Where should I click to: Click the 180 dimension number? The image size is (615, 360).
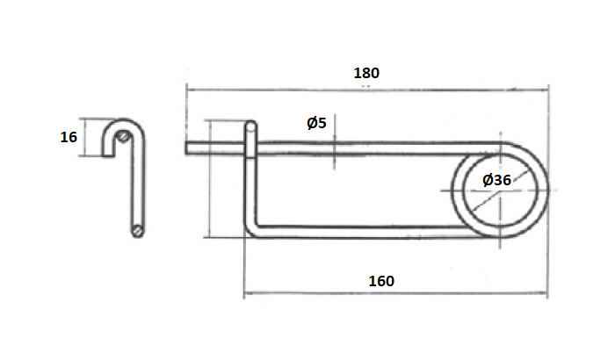(x=366, y=73)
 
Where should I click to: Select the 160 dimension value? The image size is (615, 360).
(x=380, y=281)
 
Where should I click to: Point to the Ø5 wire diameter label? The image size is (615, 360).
(x=316, y=123)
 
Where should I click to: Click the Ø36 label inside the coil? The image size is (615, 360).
(x=497, y=180)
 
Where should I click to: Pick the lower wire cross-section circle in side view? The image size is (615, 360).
(x=138, y=231)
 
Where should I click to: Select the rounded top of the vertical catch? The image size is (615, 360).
(x=251, y=126)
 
